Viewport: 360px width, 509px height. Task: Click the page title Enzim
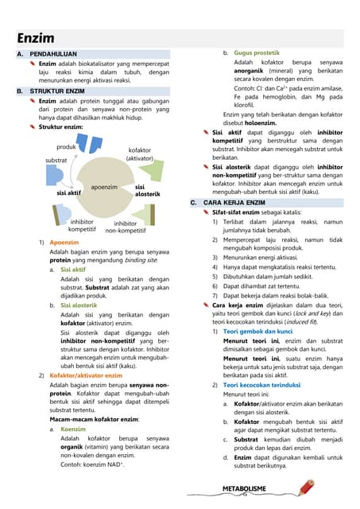35,37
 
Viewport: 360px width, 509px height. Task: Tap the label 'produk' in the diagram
67,147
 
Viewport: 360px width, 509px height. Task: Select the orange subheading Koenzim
73,428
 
